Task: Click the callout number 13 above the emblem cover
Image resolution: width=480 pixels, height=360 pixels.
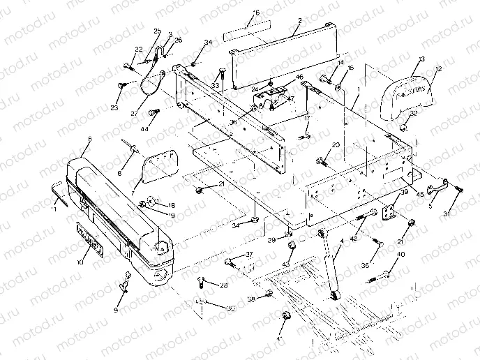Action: [421, 59]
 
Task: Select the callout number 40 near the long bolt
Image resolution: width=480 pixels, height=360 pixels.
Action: [400, 255]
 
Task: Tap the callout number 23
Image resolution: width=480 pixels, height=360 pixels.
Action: [114, 107]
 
